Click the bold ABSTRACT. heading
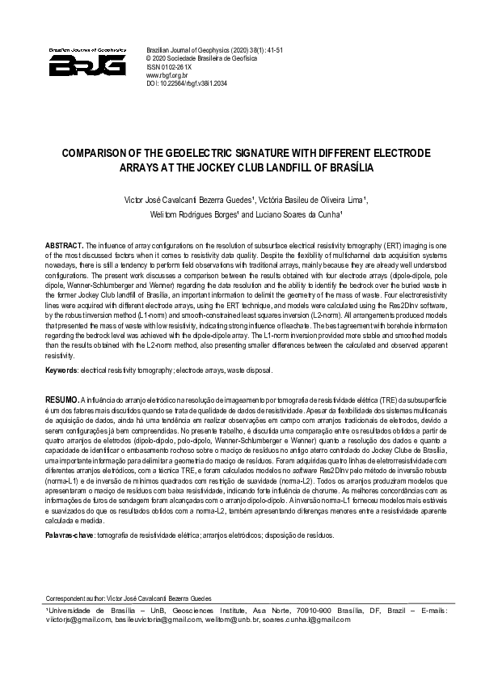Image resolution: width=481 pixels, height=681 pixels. click(65, 244)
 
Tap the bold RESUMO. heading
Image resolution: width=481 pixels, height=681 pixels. click(62, 400)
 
